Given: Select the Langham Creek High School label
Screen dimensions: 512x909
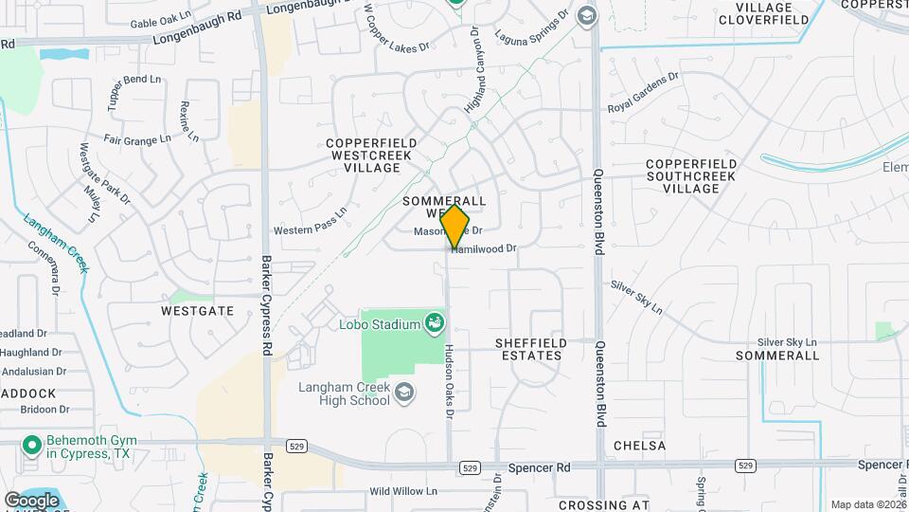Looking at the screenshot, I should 345,393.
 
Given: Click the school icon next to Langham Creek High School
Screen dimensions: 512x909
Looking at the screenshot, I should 405,393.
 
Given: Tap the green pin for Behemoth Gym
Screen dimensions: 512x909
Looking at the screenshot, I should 31,444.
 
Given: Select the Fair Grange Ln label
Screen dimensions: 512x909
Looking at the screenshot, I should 137,139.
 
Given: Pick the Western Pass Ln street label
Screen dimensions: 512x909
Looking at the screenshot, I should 311,224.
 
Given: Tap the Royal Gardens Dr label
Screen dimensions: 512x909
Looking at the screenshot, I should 644,93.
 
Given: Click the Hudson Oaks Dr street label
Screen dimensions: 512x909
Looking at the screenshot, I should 451,378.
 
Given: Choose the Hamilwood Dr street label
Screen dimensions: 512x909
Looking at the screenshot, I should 485,248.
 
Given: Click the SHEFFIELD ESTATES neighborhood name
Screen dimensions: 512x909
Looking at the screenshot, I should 529,349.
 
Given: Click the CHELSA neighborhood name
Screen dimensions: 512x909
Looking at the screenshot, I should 639,446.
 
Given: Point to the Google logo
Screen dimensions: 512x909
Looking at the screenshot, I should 31,501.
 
